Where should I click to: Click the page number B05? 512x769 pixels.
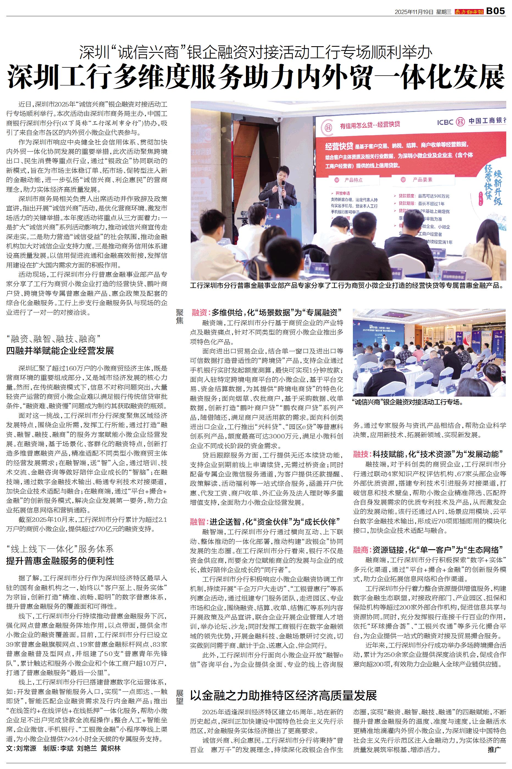pos(496,11)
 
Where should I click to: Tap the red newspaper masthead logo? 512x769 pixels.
pos(469,12)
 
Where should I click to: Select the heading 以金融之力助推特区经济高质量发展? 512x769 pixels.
pos(283,696)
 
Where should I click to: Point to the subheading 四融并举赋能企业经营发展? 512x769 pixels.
pos(60,351)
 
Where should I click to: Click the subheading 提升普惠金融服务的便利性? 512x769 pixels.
pos(60,561)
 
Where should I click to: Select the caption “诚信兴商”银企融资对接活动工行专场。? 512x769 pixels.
pos(408,402)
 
